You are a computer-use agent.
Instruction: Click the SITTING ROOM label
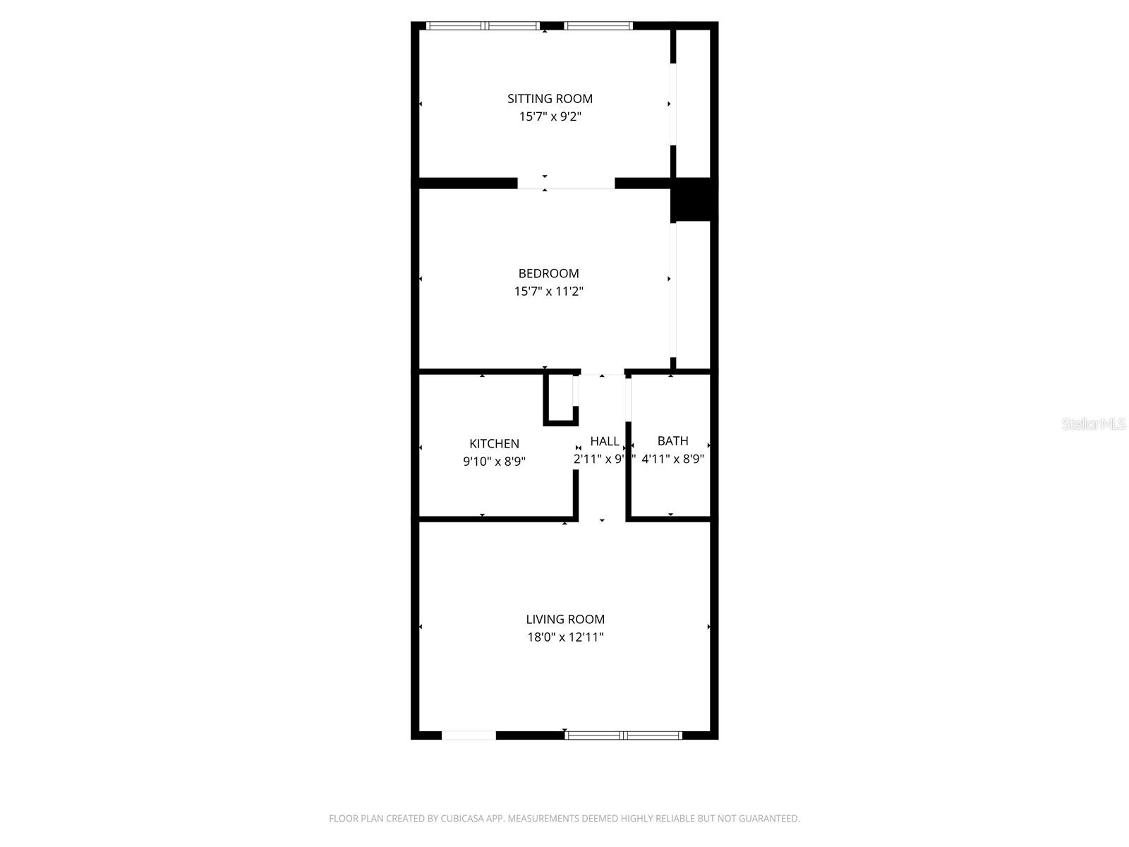tap(550, 99)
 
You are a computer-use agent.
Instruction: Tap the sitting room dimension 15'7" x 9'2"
tap(550, 117)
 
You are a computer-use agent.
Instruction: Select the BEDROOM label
tap(548, 274)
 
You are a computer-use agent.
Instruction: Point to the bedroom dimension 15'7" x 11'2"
tap(548, 292)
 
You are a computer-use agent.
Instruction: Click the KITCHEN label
tap(494, 444)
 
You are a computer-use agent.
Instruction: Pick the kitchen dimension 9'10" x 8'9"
tap(494, 462)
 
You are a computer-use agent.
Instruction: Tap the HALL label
tap(604, 441)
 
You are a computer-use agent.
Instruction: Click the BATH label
tap(672, 441)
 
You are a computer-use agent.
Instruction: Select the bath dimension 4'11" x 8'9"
tap(672, 459)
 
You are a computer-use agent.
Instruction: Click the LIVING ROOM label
tap(564, 620)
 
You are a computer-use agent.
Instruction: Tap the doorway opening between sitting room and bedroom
tap(566, 184)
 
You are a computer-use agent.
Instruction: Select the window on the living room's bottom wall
tap(624, 735)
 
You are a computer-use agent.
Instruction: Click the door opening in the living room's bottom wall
tap(469, 735)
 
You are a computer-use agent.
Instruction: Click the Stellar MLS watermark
tap(1093, 424)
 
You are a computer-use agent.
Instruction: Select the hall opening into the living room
tap(602, 520)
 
